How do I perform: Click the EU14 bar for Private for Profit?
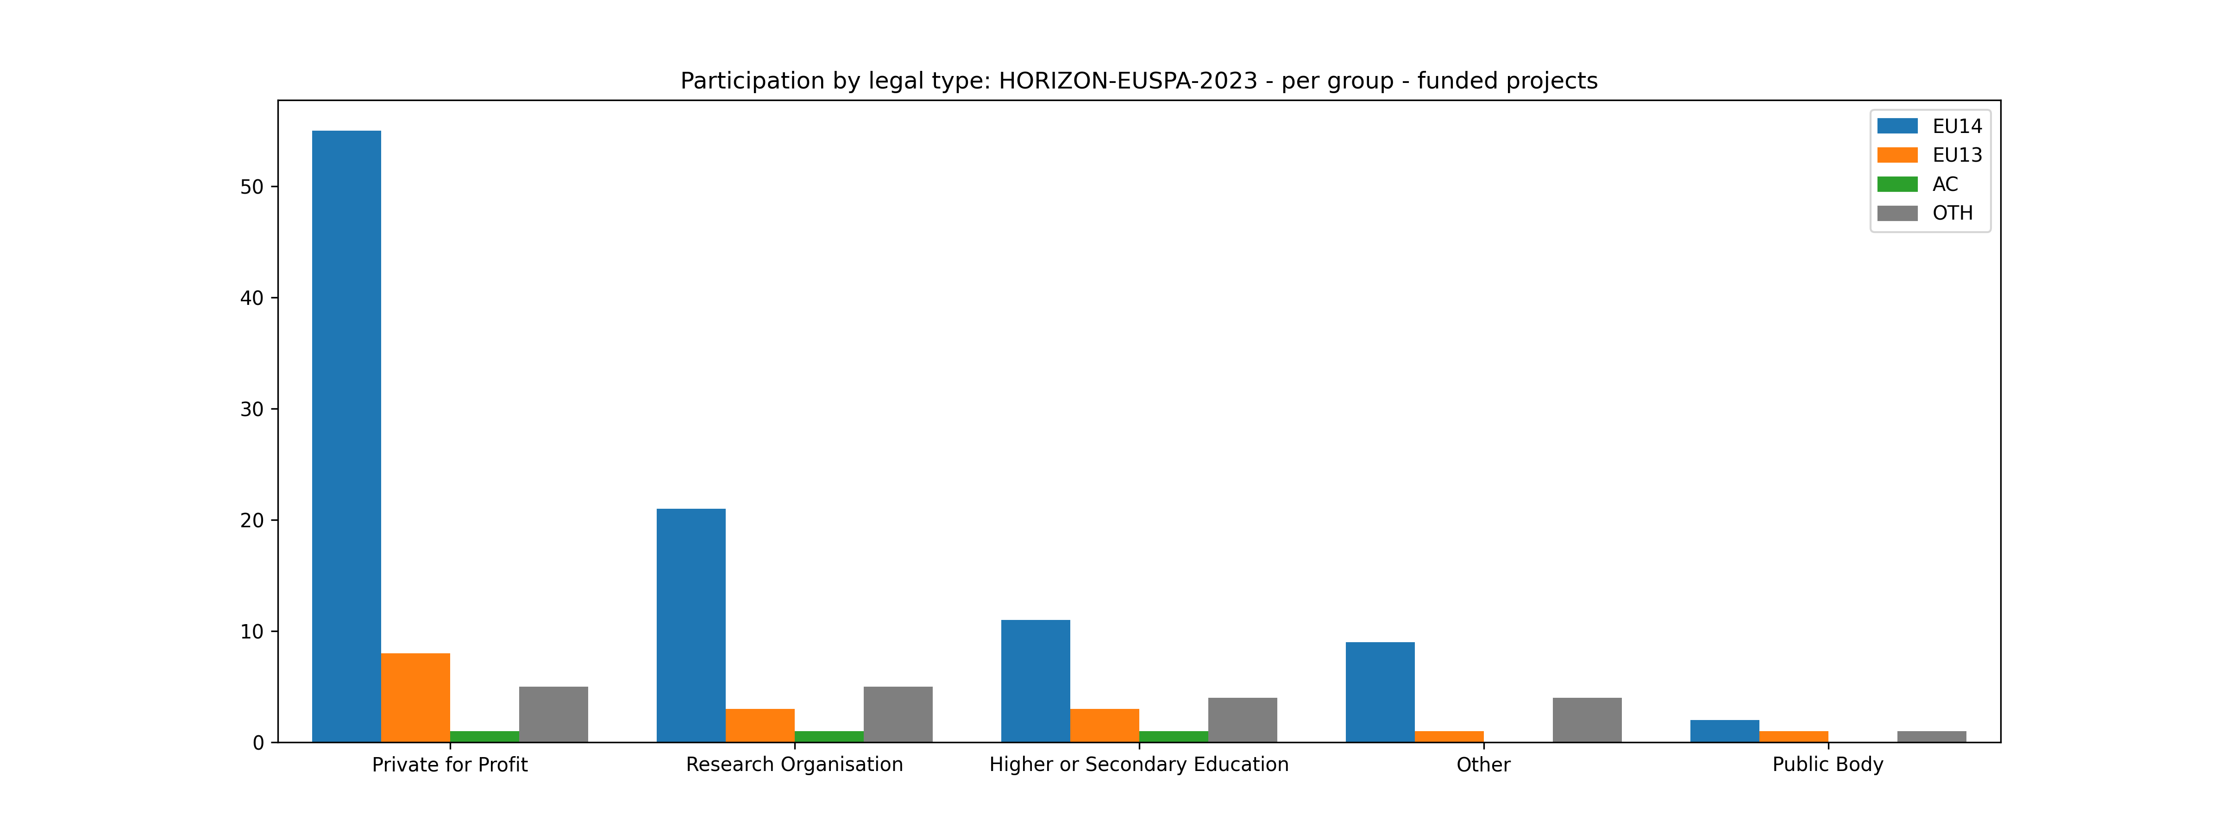[x=346, y=436]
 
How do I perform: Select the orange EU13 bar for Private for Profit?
[x=415, y=698]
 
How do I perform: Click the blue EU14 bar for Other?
[x=1380, y=692]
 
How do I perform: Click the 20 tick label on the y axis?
[x=252, y=521]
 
